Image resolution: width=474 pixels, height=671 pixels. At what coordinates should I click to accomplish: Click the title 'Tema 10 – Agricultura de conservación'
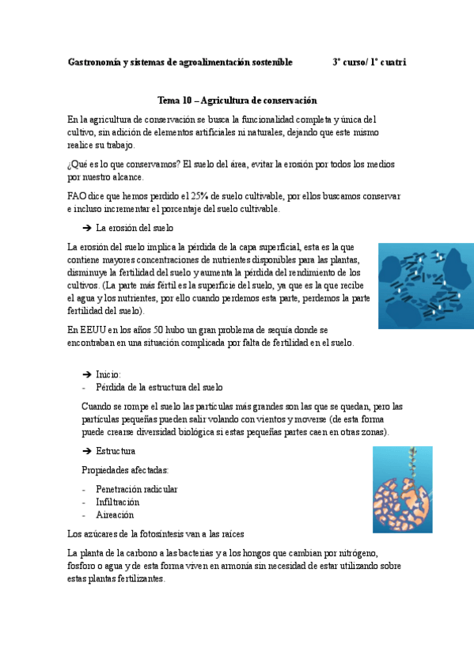pos(237,100)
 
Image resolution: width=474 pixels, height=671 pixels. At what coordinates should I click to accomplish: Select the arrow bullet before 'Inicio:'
pos(87,373)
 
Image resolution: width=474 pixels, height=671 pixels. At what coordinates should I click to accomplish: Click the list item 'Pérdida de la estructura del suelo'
pos(159,388)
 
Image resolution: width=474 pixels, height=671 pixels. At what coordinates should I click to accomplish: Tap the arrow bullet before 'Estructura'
pos(87,451)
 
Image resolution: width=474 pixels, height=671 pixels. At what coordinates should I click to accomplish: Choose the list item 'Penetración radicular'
pos(136,489)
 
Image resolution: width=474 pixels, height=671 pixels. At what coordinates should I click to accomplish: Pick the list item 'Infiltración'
pos(117,502)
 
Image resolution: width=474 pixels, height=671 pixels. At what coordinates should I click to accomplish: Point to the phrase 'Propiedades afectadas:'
pos(124,470)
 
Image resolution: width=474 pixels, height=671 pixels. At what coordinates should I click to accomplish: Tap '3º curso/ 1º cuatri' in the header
pos(369,62)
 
